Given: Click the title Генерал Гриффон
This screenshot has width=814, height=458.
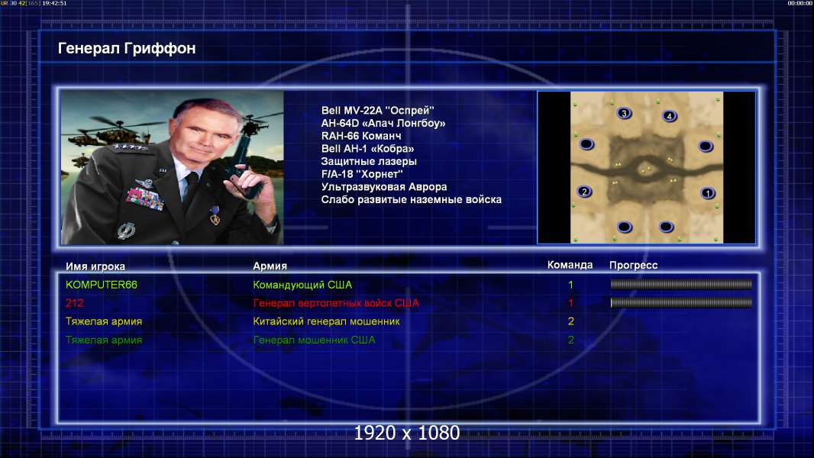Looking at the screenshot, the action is (x=127, y=48).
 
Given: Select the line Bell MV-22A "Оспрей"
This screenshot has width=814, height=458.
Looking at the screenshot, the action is (x=377, y=111).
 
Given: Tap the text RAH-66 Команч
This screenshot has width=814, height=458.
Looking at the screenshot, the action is (x=360, y=136).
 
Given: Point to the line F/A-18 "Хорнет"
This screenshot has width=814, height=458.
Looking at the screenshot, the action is (x=362, y=174).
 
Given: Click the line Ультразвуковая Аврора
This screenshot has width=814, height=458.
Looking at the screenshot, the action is (x=383, y=187).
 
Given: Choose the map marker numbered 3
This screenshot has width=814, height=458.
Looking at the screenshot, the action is (x=624, y=113).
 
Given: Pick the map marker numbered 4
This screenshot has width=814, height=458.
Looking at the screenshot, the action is (x=669, y=116).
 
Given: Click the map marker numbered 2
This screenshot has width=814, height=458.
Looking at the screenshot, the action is (x=584, y=192).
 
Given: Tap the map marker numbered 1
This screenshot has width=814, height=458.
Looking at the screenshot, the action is (x=707, y=193).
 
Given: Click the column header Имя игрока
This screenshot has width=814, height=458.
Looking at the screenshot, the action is (x=95, y=266).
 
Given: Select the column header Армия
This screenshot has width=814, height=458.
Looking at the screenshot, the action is (x=270, y=266).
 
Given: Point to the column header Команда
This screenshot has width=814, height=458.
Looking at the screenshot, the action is (x=570, y=265).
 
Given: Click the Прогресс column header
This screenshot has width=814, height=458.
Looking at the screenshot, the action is (x=633, y=265).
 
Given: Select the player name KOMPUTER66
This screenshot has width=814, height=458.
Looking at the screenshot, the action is (x=102, y=285).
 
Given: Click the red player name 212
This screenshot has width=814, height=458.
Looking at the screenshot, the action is (x=74, y=303).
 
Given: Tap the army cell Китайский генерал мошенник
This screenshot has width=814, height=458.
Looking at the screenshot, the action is (x=326, y=321).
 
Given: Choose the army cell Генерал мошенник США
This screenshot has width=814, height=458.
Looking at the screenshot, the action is (x=314, y=340).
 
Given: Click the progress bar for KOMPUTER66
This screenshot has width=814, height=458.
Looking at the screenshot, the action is (x=681, y=284).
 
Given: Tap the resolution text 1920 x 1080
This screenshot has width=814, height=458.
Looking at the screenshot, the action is (x=407, y=433).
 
